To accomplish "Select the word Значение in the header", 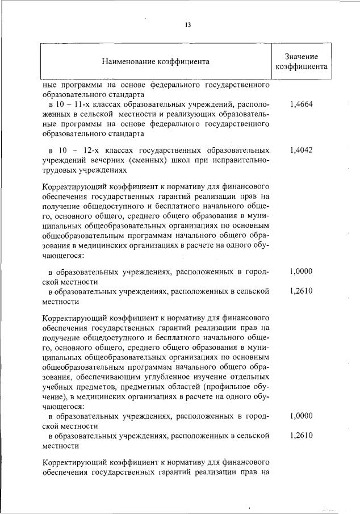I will coord(300,57).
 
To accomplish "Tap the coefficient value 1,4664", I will coord(300,105).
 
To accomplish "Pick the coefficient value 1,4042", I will coord(300,150).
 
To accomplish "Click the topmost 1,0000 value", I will coord(300,271).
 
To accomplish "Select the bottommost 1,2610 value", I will coord(300,436).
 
